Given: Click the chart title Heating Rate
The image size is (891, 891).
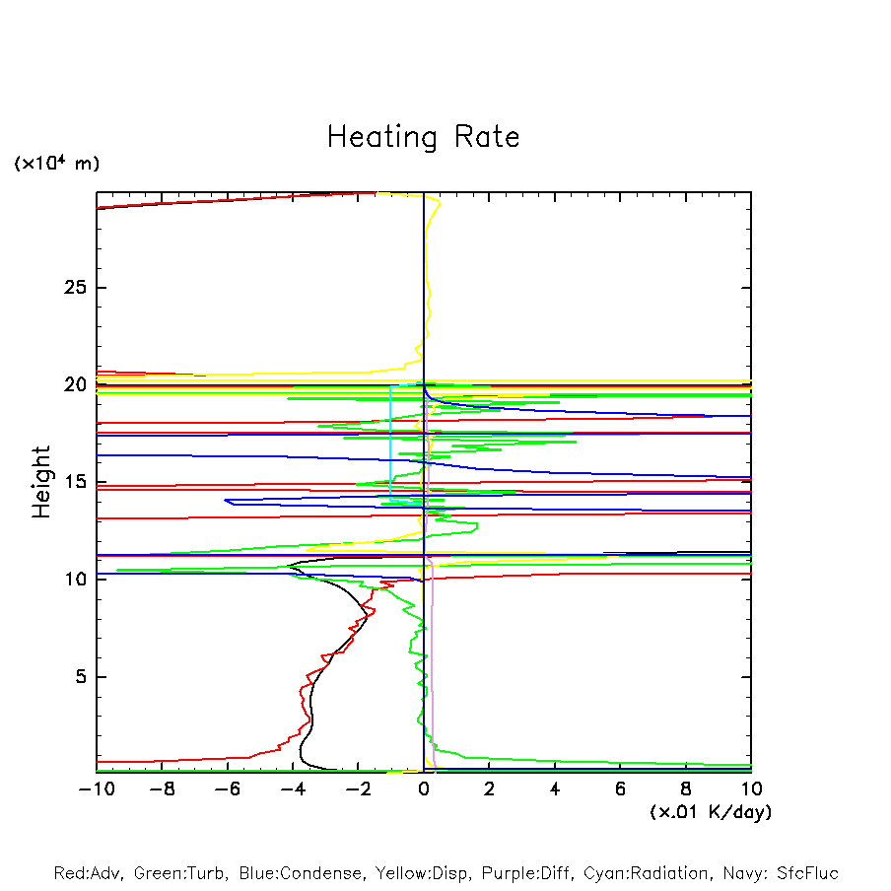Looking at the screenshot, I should pos(423,137).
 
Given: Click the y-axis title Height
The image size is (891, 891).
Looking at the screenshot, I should pos(41,482).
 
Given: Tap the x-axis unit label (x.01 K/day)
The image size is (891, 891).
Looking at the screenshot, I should pos(710,812).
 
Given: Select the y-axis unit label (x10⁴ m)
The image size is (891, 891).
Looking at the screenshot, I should pos(56,164).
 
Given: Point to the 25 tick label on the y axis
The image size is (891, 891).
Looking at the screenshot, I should pos(77,288).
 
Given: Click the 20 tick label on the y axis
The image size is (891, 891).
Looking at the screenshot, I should pos(77,384).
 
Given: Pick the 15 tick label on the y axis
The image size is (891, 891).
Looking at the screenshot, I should pos(77,482).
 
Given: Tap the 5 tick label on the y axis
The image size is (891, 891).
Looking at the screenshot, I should pos(82,677).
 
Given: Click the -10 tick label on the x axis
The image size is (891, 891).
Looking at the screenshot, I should pos(96,789).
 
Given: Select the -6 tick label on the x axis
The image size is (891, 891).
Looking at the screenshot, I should pos(227,789).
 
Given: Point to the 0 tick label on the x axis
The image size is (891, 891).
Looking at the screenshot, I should pos(424,789).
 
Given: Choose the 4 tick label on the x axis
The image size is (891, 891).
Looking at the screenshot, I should pos(555,789).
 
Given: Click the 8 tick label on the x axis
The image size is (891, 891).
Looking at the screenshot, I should pos(686,789).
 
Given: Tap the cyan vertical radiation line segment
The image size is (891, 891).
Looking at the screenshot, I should pos(390,444).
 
